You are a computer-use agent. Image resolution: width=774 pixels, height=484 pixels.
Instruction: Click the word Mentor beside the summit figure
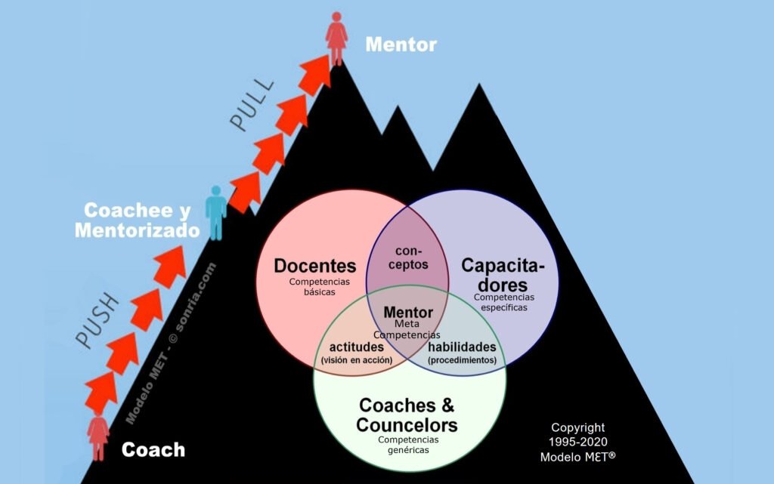pyautogui.click(x=401, y=45)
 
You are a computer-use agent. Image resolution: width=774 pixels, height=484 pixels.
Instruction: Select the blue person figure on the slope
pyautogui.click(x=216, y=212)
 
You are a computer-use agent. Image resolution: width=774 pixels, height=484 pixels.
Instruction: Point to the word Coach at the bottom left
pyautogui.click(x=153, y=450)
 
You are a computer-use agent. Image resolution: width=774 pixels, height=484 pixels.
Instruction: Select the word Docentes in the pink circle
pyautogui.click(x=314, y=266)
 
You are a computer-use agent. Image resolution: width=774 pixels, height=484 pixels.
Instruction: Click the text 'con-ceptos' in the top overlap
pyautogui.click(x=408, y=257)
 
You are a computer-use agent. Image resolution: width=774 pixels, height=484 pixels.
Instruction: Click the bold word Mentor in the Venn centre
pyautogui.click(x=408, y=312)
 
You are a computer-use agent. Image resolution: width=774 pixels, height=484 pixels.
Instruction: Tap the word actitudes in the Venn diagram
pyautogui.click(x=356, y=347)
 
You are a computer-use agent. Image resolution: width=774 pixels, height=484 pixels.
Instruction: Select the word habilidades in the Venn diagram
pyautogui.click(x=462, y=347)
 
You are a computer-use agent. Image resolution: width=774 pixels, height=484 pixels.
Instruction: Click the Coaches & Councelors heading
pyautogui.click(x=407, y=415)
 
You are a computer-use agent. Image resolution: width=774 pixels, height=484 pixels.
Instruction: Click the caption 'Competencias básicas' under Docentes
pyautogui.click(x=315, y=286)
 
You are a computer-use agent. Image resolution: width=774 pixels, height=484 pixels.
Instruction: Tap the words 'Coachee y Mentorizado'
pyautogui.click(x=136, y=220)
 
